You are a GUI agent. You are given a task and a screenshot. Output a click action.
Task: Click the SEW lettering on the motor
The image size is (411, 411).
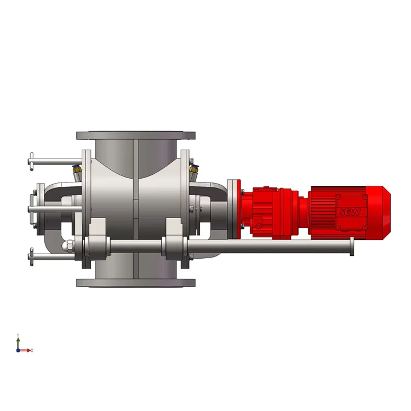click(x=350, y=212)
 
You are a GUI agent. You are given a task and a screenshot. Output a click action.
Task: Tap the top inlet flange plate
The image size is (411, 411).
click(x=136, y=135)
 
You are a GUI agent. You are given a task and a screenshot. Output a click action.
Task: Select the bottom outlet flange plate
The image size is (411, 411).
click(x=136, y=283)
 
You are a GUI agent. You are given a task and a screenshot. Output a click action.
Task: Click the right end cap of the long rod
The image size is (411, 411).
click(x=352, y=247)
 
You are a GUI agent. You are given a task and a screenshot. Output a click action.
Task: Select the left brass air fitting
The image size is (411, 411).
click(x=77, y=170)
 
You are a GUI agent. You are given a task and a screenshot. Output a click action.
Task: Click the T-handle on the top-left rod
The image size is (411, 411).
click(x=31, y=162)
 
